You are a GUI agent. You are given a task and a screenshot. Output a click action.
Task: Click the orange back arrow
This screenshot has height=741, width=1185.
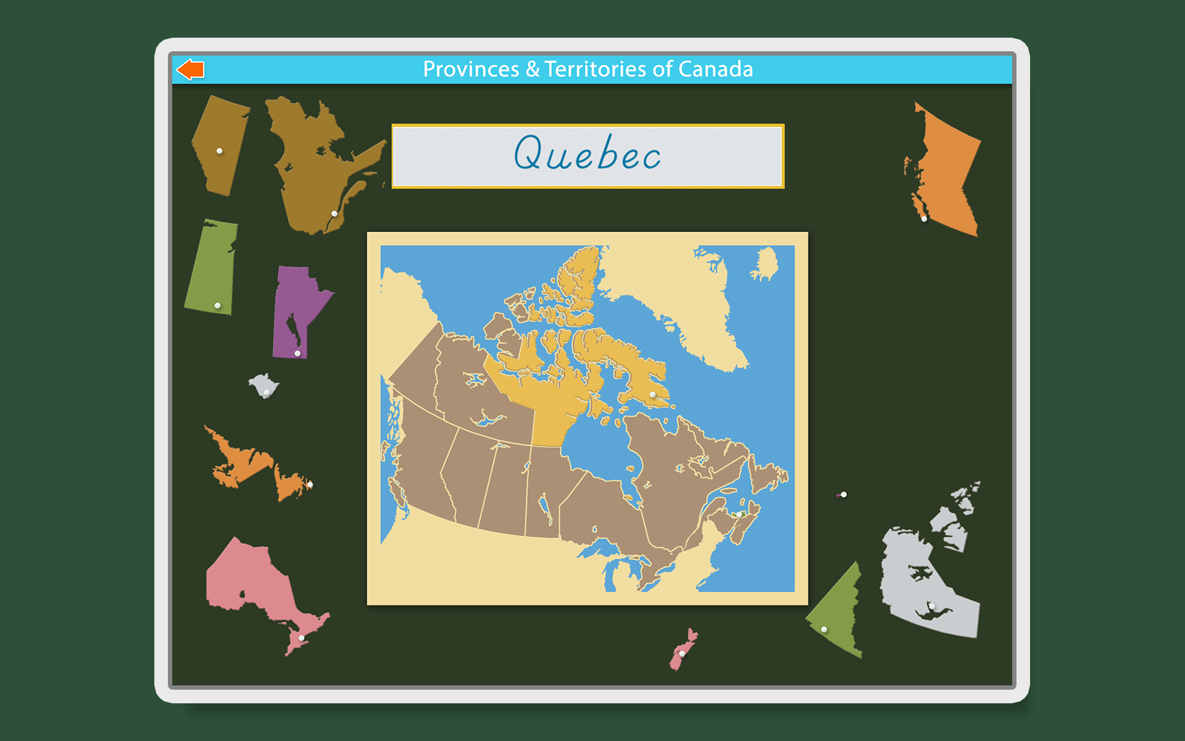tap(191, 69)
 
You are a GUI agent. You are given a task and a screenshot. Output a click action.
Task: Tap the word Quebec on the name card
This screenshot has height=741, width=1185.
tap(587, 154)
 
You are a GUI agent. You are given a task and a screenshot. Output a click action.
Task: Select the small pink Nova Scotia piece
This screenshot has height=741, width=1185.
tap(683, 650)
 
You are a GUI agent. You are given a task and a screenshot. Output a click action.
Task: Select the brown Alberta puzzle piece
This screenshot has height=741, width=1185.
tap(220, 145)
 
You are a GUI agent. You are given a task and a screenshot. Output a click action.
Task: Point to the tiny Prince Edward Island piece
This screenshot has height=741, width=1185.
tap(842, 495)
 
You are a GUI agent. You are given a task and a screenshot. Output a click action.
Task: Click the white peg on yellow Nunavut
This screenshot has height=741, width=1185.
tap(653, 395)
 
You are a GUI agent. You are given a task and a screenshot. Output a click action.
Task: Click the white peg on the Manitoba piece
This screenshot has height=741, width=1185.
tap(297, 353)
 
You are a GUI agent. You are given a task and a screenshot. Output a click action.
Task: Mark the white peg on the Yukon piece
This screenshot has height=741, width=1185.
tap(824, 629)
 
